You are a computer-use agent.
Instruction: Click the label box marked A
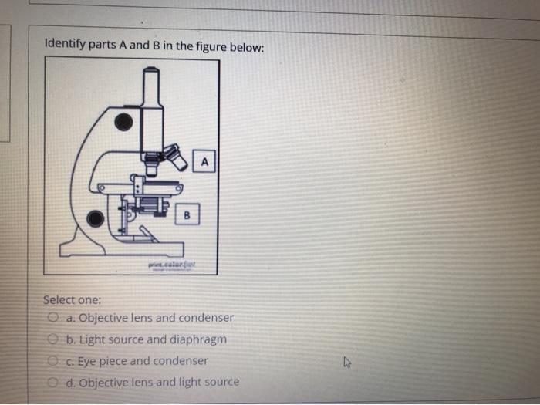pyautogui.click(x=204, y=161)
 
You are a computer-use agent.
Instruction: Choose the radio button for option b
pyautogui.click(x=53, y=339)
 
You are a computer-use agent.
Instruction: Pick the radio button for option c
pyautogui.click(x=53, y=360)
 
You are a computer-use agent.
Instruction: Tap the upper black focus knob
pyautogui.click(x=123, y=122)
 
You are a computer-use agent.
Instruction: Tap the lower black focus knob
pyautogui.click(x=95, y=219)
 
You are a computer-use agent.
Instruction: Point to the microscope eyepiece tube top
pyautogui.click(x=151, y=73)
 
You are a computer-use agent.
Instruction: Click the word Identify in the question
pyautogui.click(x=65, y=45)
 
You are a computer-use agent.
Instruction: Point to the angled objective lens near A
pyautogui.click(x=177, y=157)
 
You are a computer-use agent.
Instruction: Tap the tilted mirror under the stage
pyautogui.click(x=150, y=234)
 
